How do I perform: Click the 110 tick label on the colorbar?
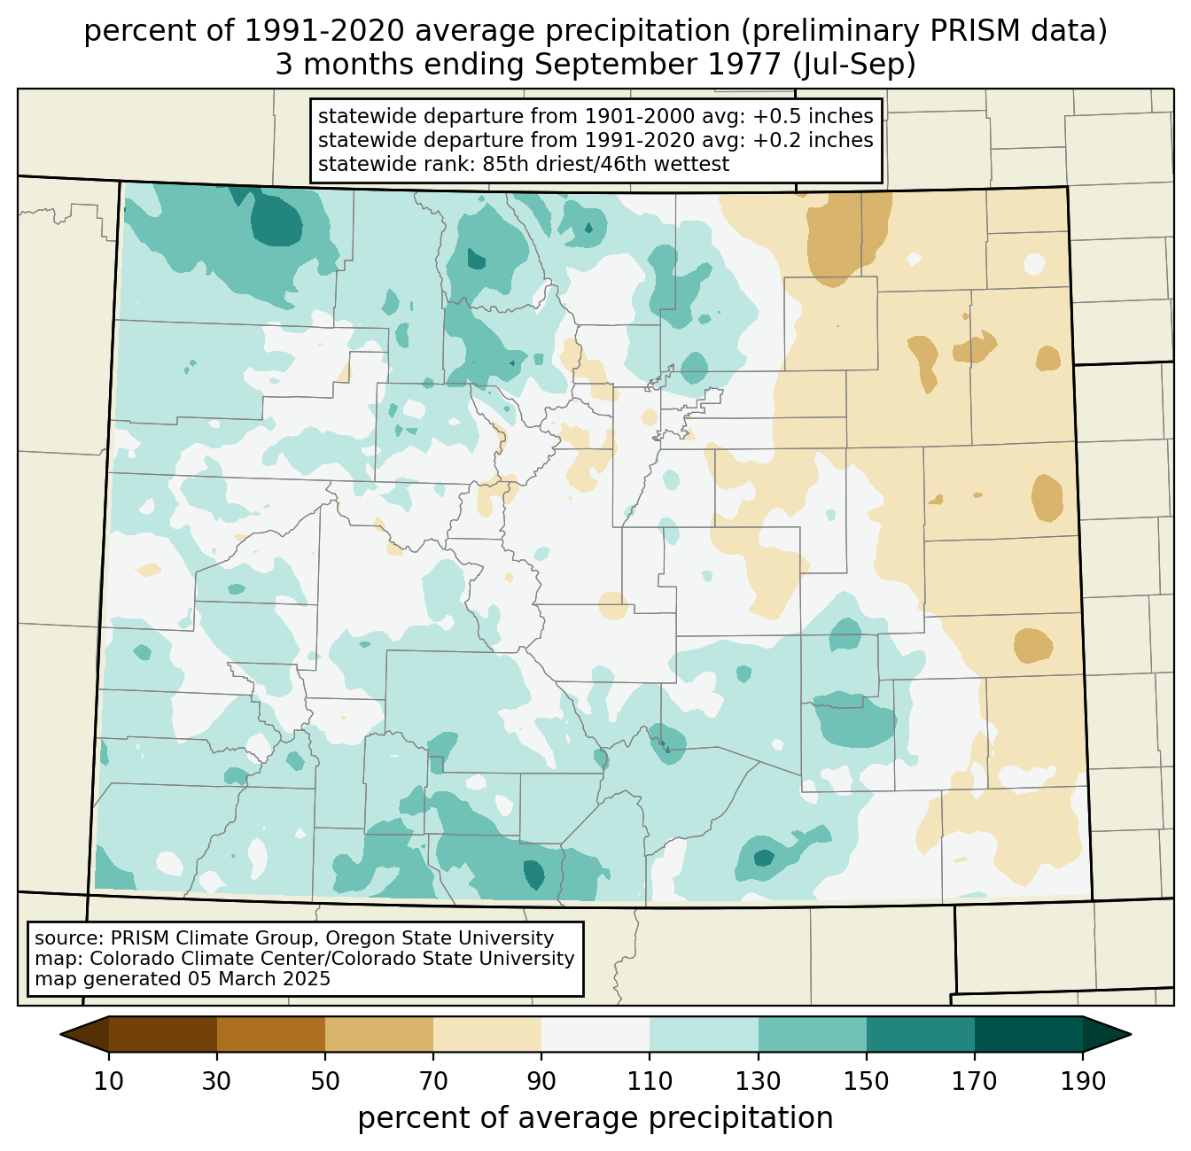(650, 1082)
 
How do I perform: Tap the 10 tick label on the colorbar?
(109, 1082)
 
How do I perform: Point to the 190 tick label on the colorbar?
(1082, 1082)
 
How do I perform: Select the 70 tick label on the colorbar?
(433, 1082)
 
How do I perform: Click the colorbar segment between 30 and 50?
(271, 1034)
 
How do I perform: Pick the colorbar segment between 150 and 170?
(920, 1034)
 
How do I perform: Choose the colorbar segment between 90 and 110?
(595, 1034)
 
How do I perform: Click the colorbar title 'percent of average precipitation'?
(595, 1118)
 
